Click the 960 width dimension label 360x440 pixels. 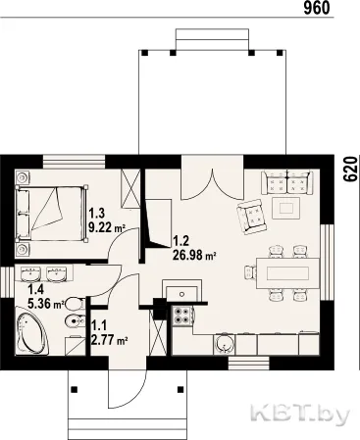[317, 8]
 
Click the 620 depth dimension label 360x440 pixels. [351, 169]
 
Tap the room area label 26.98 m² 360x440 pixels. [194, 255]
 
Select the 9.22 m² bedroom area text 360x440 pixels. [108, 226]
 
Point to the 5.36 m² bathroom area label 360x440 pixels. [46, 304]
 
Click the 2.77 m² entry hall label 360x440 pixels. [109, 340]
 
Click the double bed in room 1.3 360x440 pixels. [51, 214]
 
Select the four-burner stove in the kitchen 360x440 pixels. [182, 316]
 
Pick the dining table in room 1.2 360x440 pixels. [287, 273]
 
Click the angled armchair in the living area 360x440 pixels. [252, 216]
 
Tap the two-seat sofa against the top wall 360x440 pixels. [287, 182]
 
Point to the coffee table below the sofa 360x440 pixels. [286, 208]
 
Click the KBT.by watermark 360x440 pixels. [300, 416]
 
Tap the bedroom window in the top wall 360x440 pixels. [75, 162]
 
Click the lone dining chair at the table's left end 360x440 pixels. [250, 272]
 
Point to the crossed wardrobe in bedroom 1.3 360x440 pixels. [130, 188]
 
